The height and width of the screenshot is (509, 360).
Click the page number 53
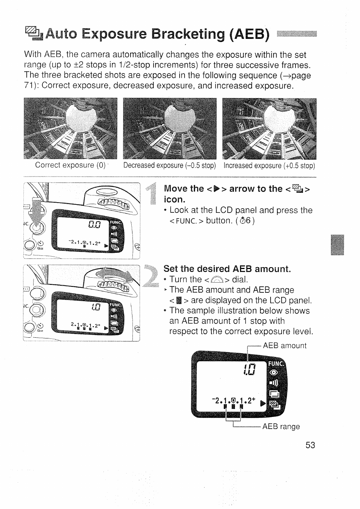(310, 445)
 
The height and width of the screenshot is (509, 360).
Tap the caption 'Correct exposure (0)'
(70, 165)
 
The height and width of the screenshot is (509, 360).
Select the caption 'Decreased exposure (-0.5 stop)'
(169, 165)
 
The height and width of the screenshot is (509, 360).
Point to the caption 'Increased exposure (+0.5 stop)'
(269, 165)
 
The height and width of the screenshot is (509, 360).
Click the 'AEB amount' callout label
(285, 346)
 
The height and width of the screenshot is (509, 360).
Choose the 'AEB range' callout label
(281, 426)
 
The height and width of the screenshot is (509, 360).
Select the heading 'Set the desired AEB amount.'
(227, 269)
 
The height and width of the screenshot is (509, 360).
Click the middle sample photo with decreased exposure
(170, 129)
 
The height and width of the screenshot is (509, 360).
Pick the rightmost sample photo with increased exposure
(269, 129)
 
